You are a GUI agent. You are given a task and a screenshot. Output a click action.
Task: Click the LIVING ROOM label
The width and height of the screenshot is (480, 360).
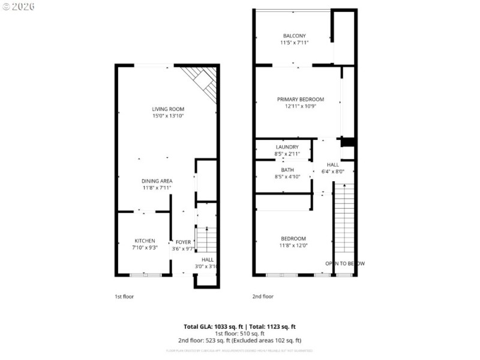pyautogui.click(x=167, y=109)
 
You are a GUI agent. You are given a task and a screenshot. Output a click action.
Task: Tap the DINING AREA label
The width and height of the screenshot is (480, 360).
pyautogui.click(x=157, y=181)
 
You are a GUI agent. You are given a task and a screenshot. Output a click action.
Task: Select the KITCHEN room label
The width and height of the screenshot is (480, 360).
pyautogui.click(x=145, y=240)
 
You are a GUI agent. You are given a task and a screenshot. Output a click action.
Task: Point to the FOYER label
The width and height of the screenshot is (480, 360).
pyautogui.click(x=183, y=242)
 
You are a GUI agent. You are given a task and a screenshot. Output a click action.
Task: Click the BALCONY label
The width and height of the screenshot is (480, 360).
pyautogui.click(x=294, y=35)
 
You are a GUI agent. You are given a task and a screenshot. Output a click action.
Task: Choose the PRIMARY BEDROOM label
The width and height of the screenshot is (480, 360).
pyautogui.click(x=300, y=99)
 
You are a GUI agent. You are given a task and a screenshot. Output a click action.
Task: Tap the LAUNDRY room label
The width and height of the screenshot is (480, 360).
pyautogui.click(x=287, y=147)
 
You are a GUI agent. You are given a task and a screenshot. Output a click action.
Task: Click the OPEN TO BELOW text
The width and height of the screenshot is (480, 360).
pyautogui.click(x=344, y=263)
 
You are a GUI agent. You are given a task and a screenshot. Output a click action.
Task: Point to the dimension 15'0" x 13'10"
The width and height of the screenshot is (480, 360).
pyautogui.click(x=167, y=116)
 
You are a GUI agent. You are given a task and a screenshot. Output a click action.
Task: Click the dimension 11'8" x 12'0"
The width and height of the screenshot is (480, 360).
pyautogui.click(x=293, y=245)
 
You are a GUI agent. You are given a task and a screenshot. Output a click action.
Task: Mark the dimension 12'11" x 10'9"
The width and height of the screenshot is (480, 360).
pyautogui.click(x=300, y=106)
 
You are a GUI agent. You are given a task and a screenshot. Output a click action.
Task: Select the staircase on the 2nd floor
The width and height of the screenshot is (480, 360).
pyautogui.click(x=344, y=219)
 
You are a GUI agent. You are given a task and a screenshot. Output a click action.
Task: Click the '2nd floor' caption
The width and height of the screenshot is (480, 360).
pyautogui.click(x=263, y=296)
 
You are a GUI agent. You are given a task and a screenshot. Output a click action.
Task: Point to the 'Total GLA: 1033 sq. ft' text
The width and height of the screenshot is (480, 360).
pyautogui.click(x=214, y=326)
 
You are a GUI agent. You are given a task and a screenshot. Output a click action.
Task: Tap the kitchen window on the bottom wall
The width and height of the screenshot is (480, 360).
pyautogui.click(x=146, y=275)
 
